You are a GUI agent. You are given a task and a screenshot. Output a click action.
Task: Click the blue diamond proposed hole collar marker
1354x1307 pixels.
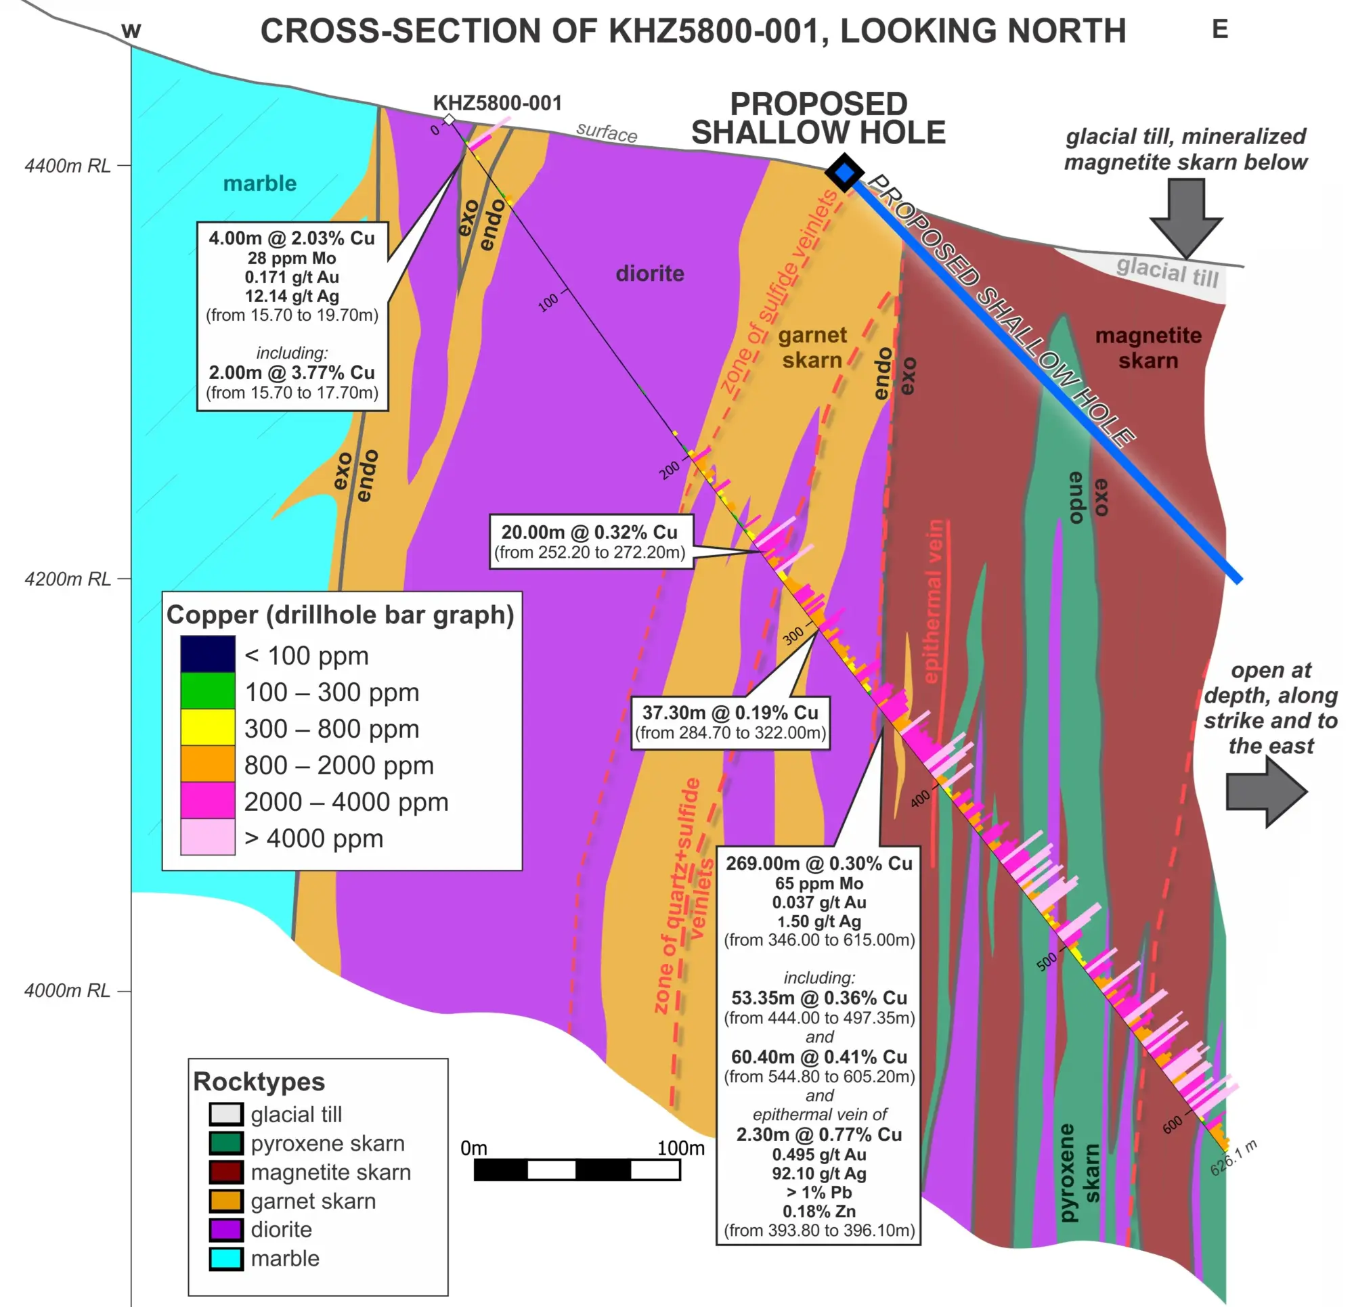click(x=844, y=172)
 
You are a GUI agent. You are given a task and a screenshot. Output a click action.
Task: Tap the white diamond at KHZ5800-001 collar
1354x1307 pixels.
click(x=449, y=120)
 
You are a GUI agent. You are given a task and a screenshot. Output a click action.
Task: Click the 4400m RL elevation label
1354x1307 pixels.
click(x=67, y=166)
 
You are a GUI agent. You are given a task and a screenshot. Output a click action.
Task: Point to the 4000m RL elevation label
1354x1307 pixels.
click(x=67, y=991)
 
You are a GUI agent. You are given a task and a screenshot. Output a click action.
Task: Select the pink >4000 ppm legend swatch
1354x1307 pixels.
click(x=207, y=837)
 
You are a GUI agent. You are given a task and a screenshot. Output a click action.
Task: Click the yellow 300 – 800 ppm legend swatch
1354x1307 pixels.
click(x=207, y=727)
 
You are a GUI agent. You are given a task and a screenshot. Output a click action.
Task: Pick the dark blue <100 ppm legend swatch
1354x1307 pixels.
click(x=207, y=654)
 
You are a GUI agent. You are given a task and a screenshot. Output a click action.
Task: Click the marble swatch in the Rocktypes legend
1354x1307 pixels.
click(x=226, y=1259)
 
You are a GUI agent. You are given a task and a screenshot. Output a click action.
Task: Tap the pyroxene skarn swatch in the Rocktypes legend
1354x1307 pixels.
click(x=226, y=1143)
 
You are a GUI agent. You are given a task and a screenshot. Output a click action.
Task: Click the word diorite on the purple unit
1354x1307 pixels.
click(x=649, y=273)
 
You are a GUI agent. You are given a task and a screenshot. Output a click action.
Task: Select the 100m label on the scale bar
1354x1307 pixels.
click(x=680, y=1148)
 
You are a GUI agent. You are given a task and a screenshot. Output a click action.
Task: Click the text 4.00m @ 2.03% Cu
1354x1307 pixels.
click(x=292, y=238)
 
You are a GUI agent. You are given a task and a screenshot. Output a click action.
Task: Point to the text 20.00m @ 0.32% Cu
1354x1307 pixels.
click(x=589, y=532)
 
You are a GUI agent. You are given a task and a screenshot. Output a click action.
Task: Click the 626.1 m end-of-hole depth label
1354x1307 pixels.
click(x=1233, y=1158)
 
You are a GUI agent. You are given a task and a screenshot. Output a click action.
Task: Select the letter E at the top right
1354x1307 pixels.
click(x=1220, y=30)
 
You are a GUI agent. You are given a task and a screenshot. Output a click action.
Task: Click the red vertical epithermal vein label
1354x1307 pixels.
click(x=934, y=601)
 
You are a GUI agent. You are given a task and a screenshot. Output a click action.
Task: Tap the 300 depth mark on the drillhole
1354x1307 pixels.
click(x=793, y=635)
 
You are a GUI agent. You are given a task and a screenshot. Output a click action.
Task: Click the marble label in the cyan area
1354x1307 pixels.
click(x=260, y=183)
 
